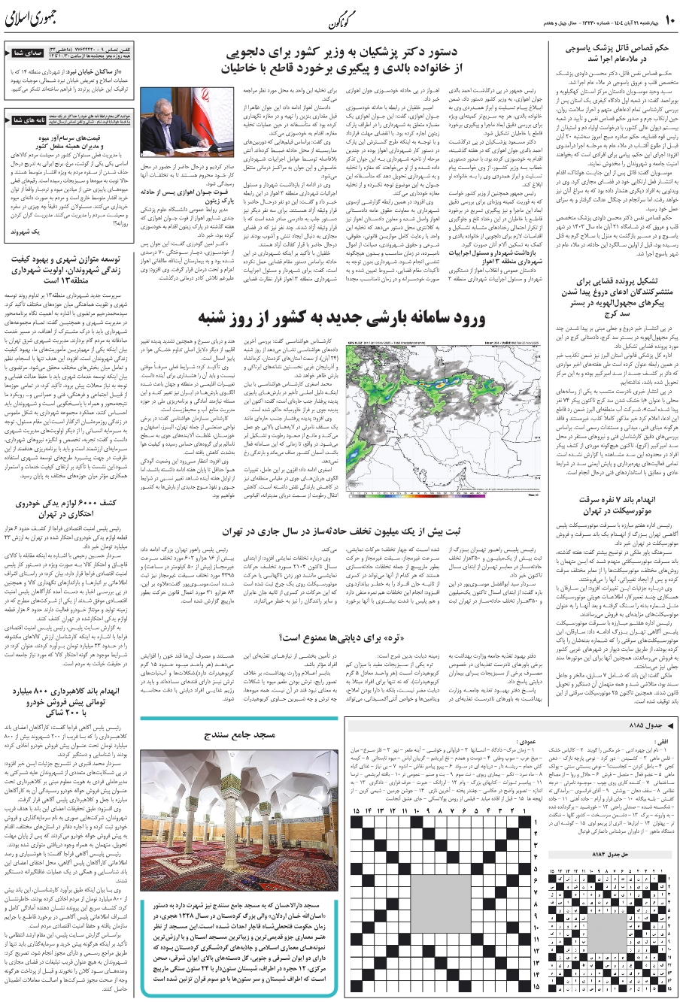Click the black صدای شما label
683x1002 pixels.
26,53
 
